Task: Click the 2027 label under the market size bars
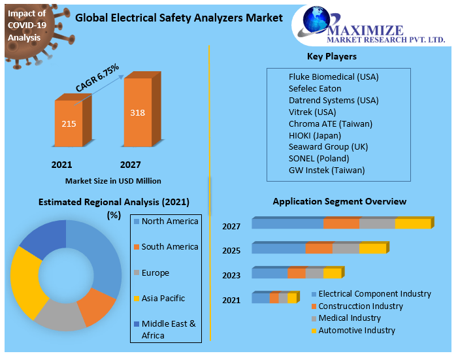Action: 130,165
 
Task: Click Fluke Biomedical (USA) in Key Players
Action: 333,76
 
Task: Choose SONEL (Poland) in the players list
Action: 319,159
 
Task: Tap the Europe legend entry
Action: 155,272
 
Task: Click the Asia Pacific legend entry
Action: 163,298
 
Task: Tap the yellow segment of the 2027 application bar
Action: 412,224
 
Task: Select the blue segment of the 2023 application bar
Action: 269,273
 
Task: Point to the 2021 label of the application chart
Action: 231,300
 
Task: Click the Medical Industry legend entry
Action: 349,318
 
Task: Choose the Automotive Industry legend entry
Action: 356,331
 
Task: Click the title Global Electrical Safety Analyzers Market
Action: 179,18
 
